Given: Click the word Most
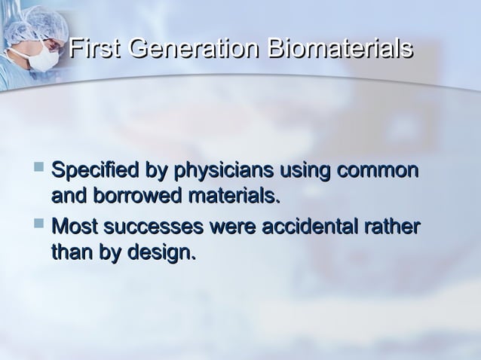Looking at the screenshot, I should coord(75,226).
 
